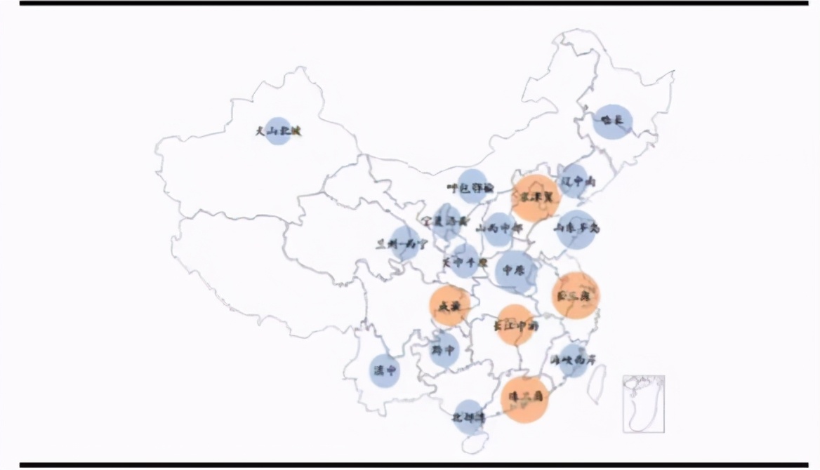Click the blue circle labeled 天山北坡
coord(278,131)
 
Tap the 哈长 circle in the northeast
coord(613,121)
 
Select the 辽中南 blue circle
coord(574,181)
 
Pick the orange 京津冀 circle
coord(536,198)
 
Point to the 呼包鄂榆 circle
coord(473,187)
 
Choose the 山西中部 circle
coord(499,229)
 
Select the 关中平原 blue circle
coord(465,261)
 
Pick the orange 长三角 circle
coord(576,295)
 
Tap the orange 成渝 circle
coord(450,306)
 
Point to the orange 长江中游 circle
coord(516,325)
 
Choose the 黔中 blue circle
coord(444,349)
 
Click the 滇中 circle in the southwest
coord(385,370)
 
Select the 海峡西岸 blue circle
coord(574,361)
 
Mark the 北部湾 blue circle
coord(468,417)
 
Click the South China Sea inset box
coord(643,403)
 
